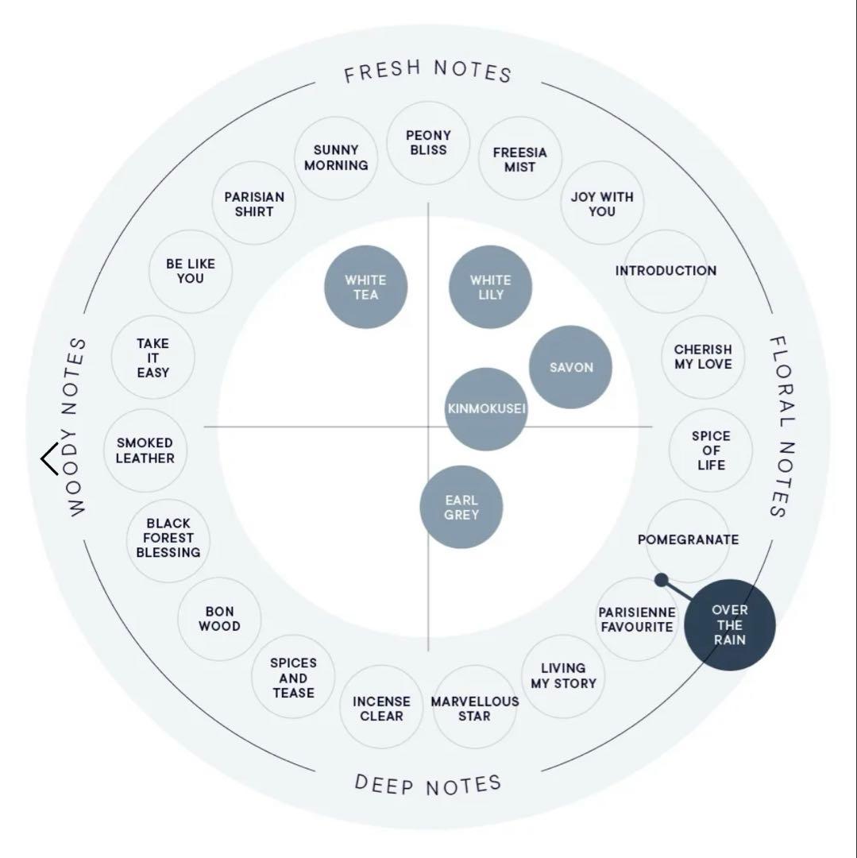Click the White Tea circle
tap(365, 287)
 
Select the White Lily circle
tap(490, 287)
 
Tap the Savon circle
tap(570, 367)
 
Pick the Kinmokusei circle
tap(486, 409)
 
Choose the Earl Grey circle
tap(461, 507)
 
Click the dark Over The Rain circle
tap(729, 625)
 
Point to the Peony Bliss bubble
tap(428, 143)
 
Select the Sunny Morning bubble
tap(336, 157)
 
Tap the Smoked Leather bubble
tap(145, 450)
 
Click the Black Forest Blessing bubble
tap(168, 538)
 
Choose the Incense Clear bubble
tap(381, 708)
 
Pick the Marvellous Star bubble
tap(474, 708)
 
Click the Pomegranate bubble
tap(688, 540)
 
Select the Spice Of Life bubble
tap(711, 450)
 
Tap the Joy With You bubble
tap(602, 204)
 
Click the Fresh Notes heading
tap(428, 71)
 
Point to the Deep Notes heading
tap(428, 785)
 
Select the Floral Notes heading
tap(780, 426)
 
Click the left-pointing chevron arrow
tap(49, 459)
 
